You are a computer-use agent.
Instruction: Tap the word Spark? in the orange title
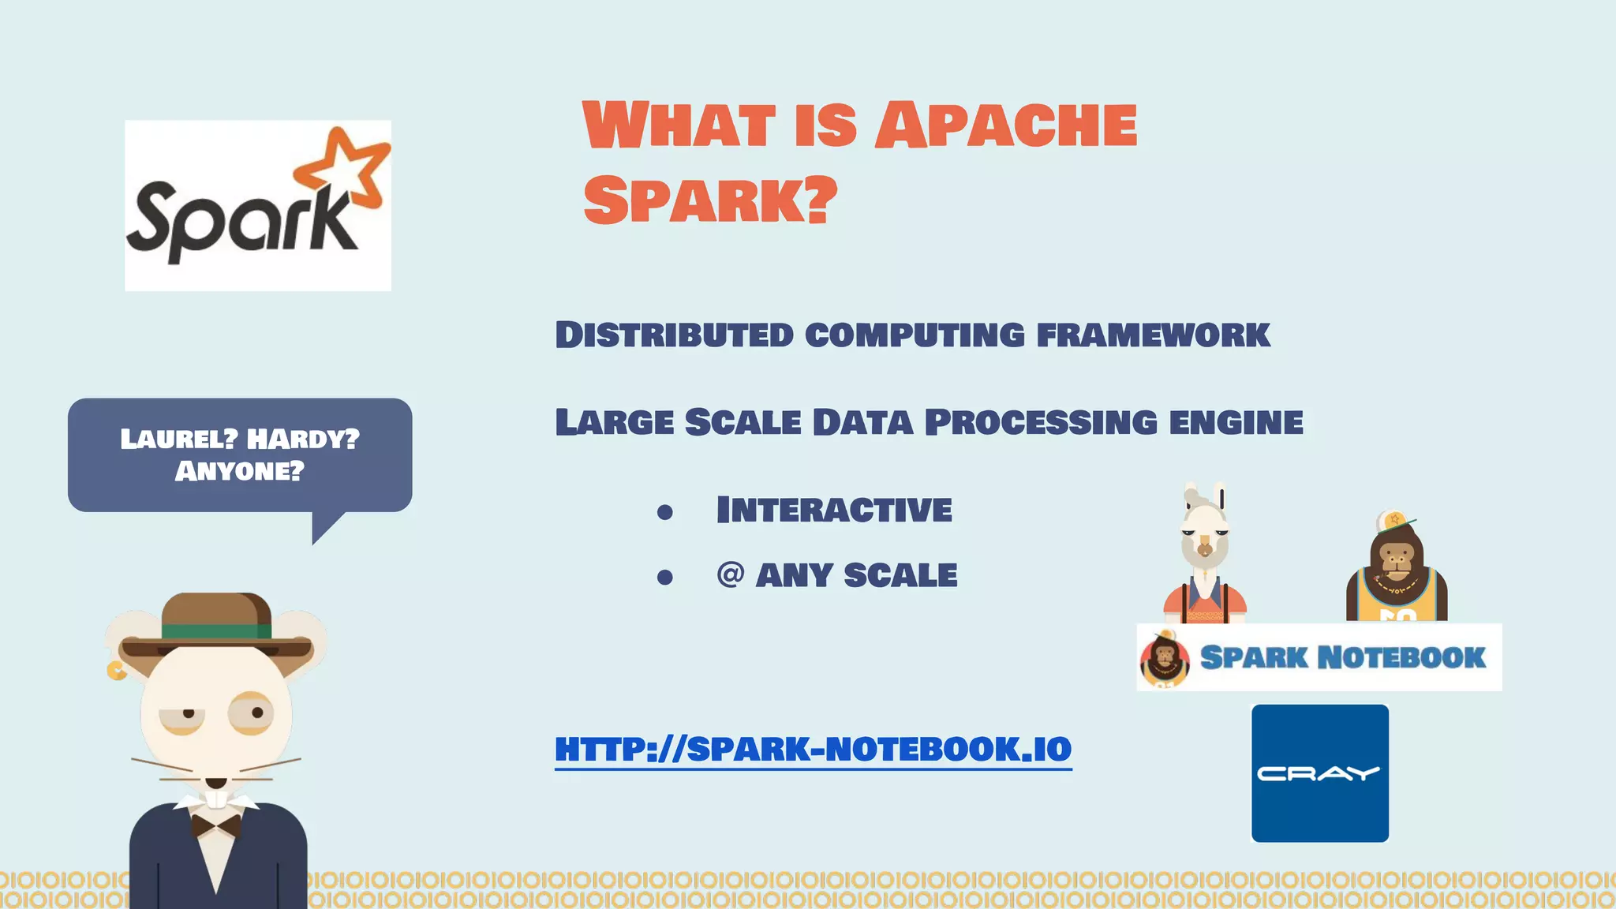710,200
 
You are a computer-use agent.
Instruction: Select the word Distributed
675,335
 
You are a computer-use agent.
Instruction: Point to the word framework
1153,335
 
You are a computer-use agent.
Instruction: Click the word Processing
1041,422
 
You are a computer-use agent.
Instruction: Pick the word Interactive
834,510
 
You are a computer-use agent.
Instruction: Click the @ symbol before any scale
731,574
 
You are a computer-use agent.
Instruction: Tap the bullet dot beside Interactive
665,513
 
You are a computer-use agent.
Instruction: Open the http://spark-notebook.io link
813,749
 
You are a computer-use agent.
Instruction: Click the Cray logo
1319,773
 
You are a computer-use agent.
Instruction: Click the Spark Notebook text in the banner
1342,657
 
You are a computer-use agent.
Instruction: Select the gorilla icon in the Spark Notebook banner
1165,660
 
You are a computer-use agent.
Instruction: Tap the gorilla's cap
1393,521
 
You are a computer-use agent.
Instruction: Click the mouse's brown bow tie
216,826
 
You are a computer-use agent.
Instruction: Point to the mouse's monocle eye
252,713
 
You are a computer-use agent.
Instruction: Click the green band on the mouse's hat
216,631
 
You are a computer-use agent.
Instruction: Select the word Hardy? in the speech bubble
303,439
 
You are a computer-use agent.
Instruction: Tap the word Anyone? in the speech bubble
239,472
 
